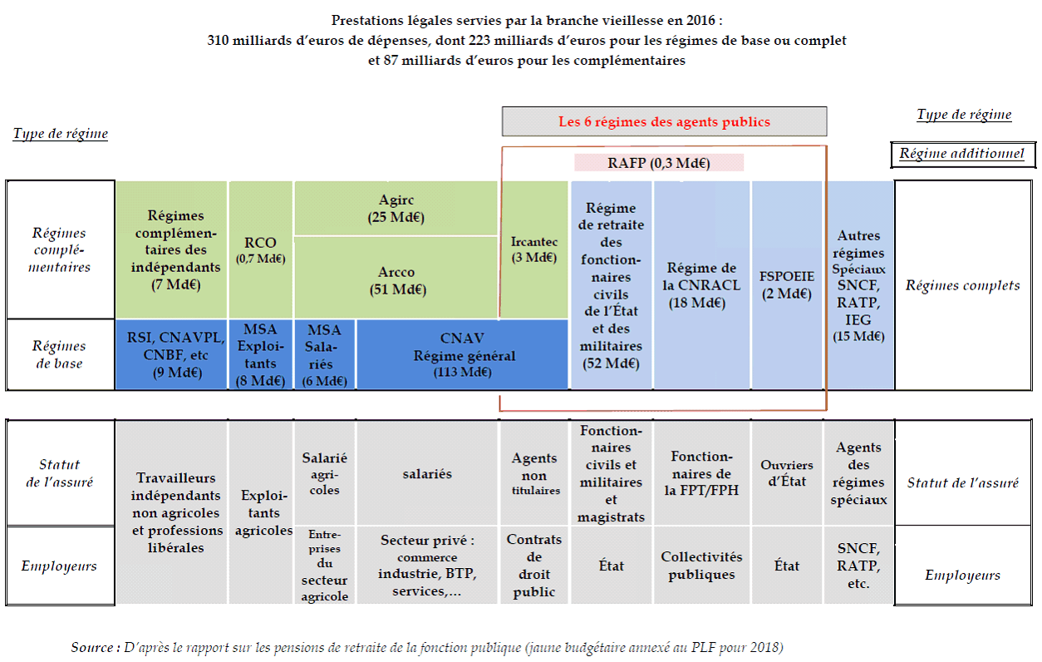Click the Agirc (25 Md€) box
tap(396, 209)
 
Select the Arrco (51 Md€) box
tap(396, 280)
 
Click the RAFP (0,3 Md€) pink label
tap(659, 163)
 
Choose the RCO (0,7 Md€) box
tap(260, 249)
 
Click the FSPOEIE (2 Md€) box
tap(786, 284)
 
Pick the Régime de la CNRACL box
tap(702, 284)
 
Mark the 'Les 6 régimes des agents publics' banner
tap(664, 121)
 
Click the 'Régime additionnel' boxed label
tap(961, 154)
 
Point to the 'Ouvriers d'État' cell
tap(786, 473)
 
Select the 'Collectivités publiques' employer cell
tap(702, 566)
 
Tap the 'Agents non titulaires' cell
tap(533, 473)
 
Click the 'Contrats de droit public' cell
tap(533, 566)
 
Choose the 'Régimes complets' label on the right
tap(962, 285)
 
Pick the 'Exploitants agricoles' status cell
tap(260, 513)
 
